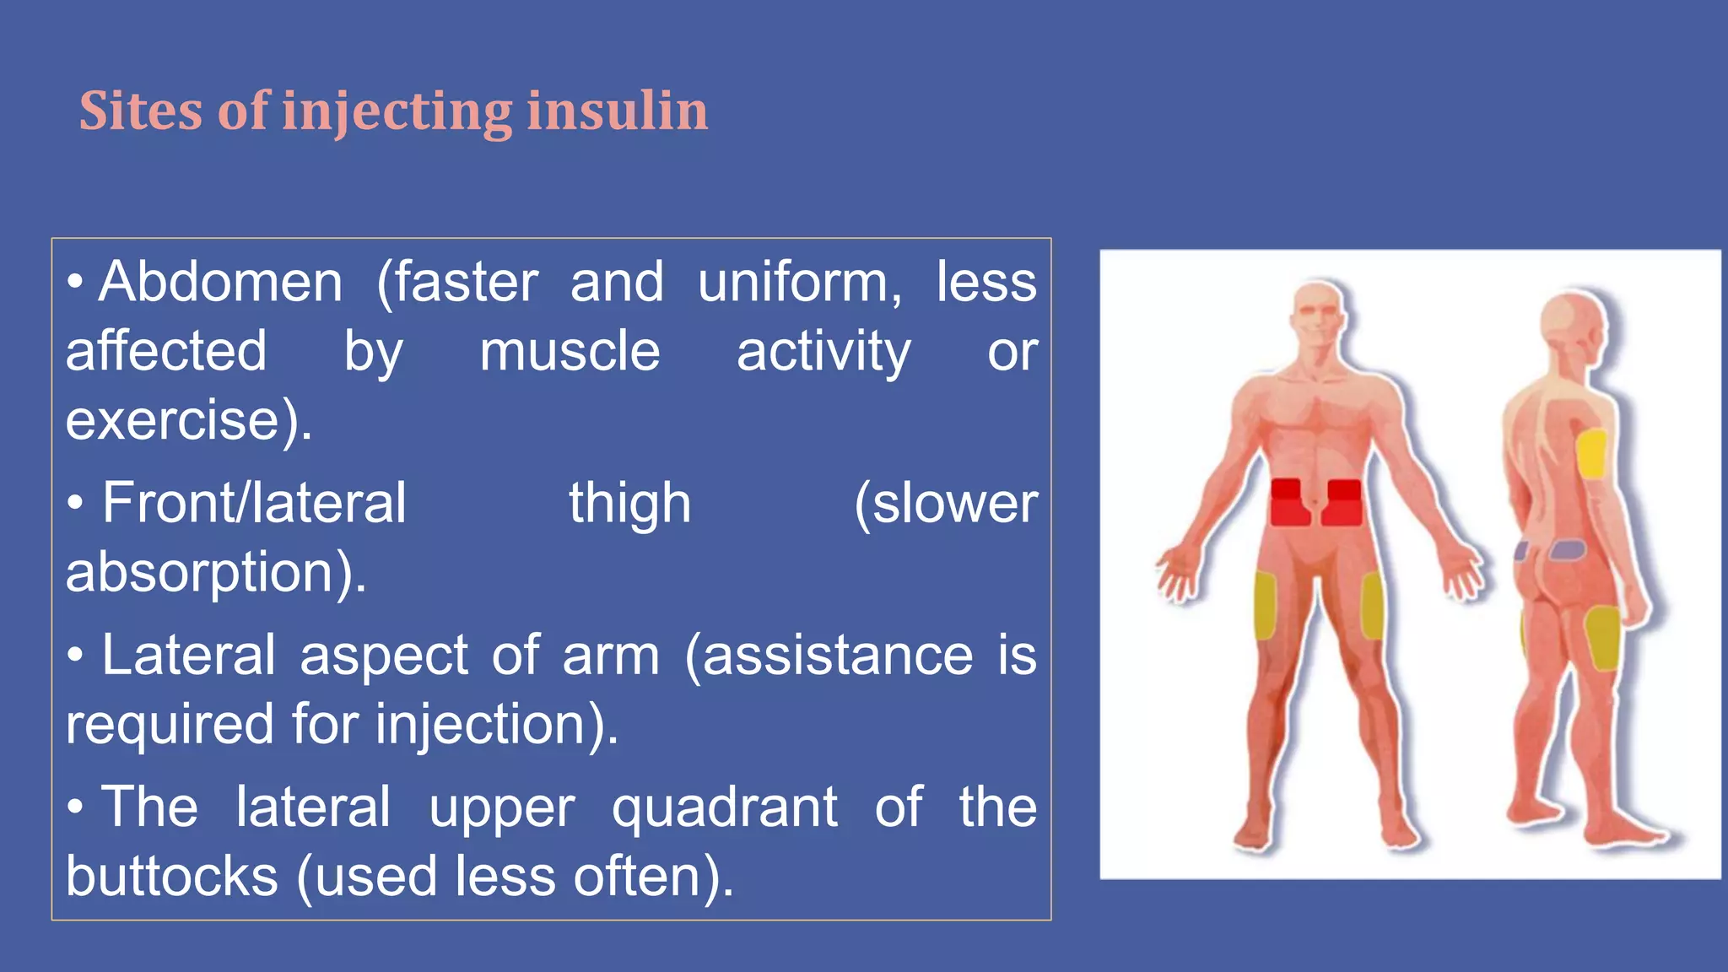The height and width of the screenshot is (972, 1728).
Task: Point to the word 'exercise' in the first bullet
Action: tap(173, 420)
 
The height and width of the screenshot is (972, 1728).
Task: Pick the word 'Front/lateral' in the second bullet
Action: tap(254, 503)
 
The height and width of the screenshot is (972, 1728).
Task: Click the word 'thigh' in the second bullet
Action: tap(629, 503)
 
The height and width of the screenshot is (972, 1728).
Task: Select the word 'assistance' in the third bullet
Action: tap(838, 656)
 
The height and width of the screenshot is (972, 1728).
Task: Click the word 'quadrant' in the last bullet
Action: tap(724, 807)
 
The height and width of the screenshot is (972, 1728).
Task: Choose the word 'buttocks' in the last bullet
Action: tap(172, 876)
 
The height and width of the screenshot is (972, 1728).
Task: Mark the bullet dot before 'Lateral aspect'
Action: tap(76, 656)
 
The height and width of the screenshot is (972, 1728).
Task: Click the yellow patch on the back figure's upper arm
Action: tap(1591, 454)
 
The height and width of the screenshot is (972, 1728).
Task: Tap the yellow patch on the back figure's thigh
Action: tap(1601, 637)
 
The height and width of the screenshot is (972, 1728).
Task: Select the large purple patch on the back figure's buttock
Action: tap(1567, 550)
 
